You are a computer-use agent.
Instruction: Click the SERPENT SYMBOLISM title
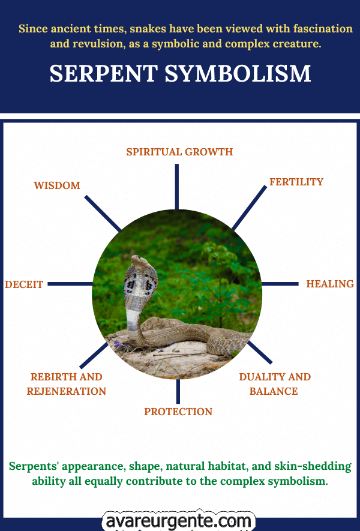click(x=180, y=73)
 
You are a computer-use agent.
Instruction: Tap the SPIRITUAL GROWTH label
click(x=179, y=152)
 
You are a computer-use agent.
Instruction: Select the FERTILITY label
click(x=296, y=182)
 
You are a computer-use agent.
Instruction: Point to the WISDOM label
click(x=57, y=185)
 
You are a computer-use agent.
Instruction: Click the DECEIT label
click(x=24, y=284)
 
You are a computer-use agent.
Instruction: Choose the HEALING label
click(x=330, y=284)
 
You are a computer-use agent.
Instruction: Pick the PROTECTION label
click(x=178, y=412)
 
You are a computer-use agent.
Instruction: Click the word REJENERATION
click(x=67, y=391)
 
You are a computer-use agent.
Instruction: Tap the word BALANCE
click(x=274, y=391)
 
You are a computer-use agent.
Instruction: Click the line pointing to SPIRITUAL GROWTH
click(x=177, y=187)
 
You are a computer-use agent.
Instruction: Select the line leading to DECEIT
click(x=70, y=284)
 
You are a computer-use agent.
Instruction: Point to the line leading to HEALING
click(x=280, y=284)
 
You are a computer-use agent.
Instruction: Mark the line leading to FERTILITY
click(x=249, y=208)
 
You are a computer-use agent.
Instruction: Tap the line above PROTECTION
click(x=178, y=391)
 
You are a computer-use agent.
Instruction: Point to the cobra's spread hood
click(x=140, y=282)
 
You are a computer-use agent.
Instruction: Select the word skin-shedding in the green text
click(x=313, y=466)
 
